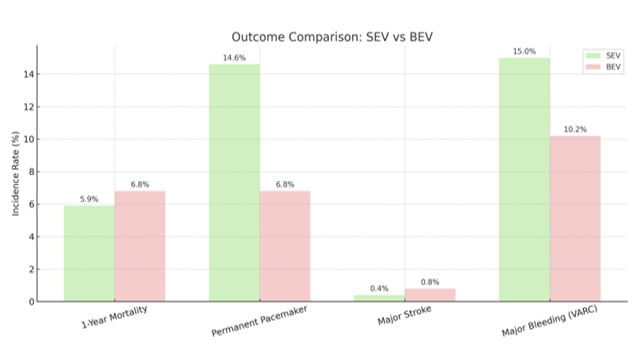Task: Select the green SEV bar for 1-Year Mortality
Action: (89, 253)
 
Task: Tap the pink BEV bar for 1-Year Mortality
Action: (139, 246)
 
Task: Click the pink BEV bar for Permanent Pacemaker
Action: (285, 246)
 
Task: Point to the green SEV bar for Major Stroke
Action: (379, 298)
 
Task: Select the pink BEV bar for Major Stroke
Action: (430, 295)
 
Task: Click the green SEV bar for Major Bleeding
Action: (524, 179)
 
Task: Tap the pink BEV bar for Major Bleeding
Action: (575, 218)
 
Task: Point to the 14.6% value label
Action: (234, 58)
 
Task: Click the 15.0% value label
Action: (524, 51)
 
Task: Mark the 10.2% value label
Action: (575, 129)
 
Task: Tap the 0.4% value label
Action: (379, 288)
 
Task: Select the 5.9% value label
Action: (89, 199)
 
